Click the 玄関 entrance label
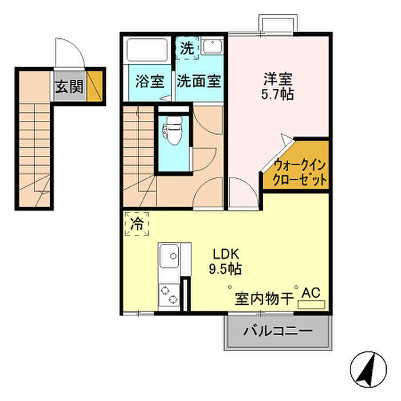(x=69, y=86)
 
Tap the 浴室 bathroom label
(x=150, y=81)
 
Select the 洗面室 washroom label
(x=199, y=81)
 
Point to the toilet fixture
(x=172, y=131)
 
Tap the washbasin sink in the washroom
(x=212, y=46)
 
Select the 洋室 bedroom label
(x=278, y=79)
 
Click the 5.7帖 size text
(x=277, y=94)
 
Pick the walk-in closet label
(x=300, y=172)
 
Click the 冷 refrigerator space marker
(x=137, y=224)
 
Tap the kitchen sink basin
(x=170, y=255)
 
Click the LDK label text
(x=226, y=254)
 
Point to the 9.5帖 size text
(x=225, y=269)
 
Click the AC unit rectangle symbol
(x=312, y=305)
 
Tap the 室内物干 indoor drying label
(x=264, y=298)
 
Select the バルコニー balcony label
(x=278, y=331)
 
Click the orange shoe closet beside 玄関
(x=95, y=86)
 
